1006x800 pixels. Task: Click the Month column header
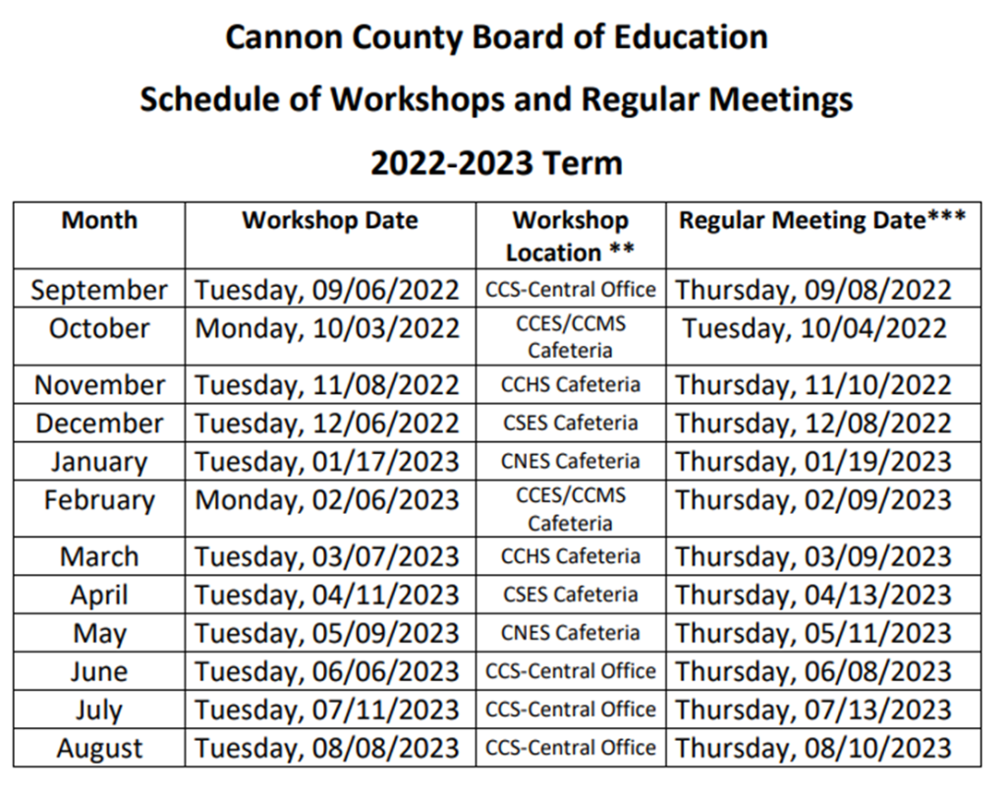[x=99, y=220]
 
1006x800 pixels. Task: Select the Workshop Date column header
[x=330, y=220]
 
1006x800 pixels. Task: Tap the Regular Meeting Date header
[x=822, y=220]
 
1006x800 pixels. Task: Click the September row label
[x=99, y=290]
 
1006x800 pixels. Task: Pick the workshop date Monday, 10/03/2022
[x=327, y=328]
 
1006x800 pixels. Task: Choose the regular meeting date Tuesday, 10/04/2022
[x=814, y=328]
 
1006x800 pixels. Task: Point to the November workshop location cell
[x=570, y=385]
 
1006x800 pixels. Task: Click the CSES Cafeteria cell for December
[x=570, y=424]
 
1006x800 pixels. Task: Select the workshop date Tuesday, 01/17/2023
[x=327, y=462]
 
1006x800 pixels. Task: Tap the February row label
[x=99, y=500]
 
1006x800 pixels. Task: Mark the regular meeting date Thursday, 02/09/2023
[x=814, y=500]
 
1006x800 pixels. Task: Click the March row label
[x=99, y=557]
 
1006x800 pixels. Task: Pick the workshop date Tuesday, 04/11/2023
[x=327, y=596]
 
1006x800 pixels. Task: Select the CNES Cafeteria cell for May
[x=570, y=633]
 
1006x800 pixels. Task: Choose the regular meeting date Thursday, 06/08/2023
[x=814, y=672]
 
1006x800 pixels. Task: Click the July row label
[x=99, y=710]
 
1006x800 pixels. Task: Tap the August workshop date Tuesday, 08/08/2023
[x=327, y=749]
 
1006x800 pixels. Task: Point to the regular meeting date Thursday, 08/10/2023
[x=814, y=749]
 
